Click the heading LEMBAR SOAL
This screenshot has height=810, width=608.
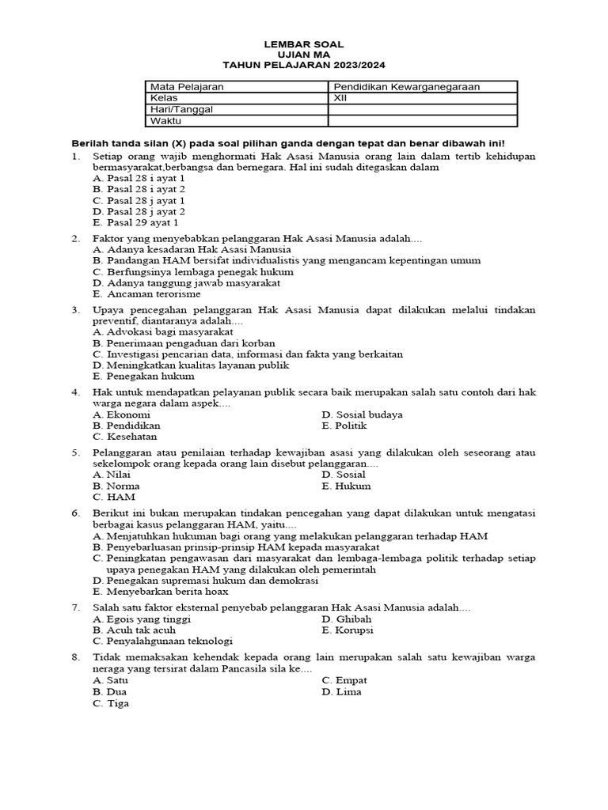(x=303, y=44)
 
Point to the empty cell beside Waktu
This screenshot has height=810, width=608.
(x=422, y=121)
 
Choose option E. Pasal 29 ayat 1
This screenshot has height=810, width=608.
(x=139, y=223)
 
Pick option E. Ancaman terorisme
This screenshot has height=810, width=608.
(x=146, y=293)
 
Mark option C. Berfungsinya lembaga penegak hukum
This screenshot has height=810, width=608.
(x=185, y=271)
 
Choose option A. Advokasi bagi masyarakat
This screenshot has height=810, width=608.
(x=157, y=332)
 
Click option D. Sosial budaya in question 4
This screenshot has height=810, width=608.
(x=362, y=414)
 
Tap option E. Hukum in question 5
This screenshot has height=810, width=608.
(x=346, y=486)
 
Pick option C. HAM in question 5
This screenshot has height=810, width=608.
(x=114, y=498)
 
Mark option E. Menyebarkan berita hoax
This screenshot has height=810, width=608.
(x=160, y=591)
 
